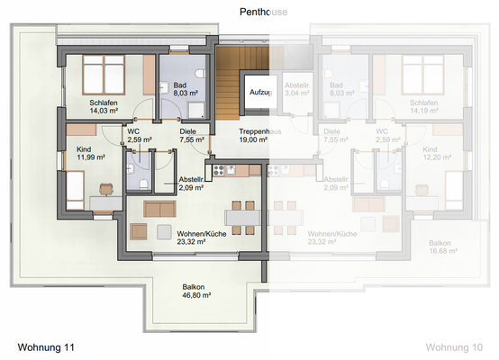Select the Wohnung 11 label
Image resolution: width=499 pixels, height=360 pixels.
pos(46,346)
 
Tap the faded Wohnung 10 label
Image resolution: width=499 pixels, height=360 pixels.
pos(459,346)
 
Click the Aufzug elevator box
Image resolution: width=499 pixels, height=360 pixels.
pos(261,93)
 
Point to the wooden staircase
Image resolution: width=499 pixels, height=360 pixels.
pos(229,82)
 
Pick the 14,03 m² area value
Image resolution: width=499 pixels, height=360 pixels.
pos(104,113)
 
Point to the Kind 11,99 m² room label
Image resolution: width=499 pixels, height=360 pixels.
pos(85,148)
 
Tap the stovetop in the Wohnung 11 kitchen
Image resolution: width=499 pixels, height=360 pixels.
pos(216,168)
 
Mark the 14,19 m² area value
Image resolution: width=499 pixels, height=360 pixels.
pos(423,113)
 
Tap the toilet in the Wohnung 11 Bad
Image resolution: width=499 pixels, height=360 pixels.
pos(197,71)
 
